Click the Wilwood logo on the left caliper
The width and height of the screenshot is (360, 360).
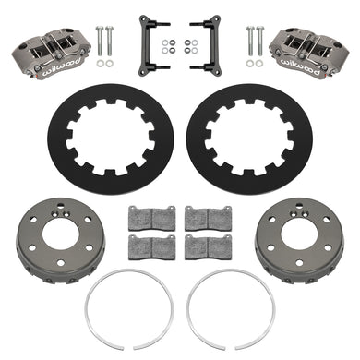pos(62,66)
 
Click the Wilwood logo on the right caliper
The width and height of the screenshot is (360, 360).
pos(297,66)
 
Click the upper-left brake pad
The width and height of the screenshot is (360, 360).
pos(151,218)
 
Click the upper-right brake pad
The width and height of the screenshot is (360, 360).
pos(209,218)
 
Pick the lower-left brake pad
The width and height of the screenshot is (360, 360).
pos(151,247)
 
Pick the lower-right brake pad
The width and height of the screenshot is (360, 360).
pos(209,247)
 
